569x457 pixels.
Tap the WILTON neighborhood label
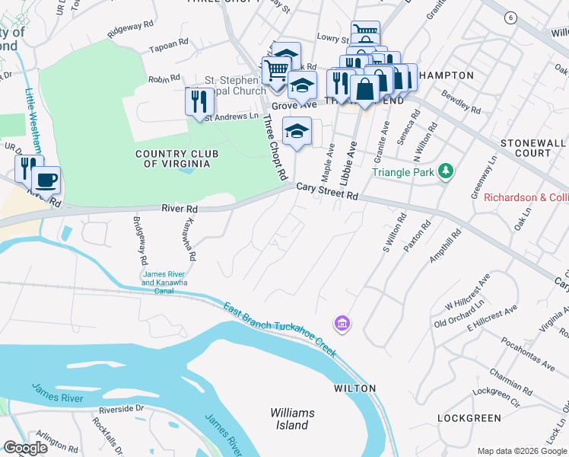click(x=354, y=388)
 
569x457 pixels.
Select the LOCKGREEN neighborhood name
click(x=470, y=418)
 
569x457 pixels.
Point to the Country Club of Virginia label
click(x=176, y=158)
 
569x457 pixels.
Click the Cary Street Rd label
click(x=327, y=190)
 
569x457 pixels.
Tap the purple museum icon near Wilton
click(x=342, y=323)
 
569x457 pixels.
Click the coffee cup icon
click(x=46, y=181)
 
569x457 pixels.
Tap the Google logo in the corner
click(x=25, y=448)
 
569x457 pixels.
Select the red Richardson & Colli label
click(x=526, y=197)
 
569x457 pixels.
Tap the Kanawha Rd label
click(x=189, y=239)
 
